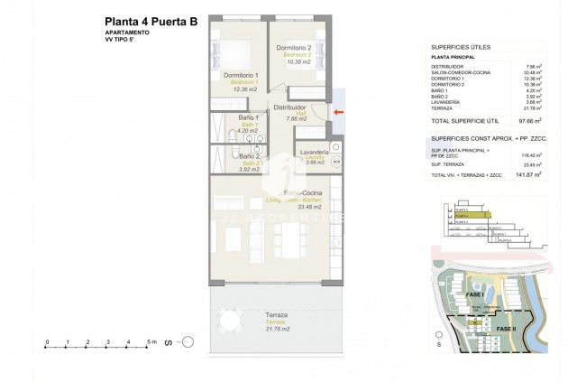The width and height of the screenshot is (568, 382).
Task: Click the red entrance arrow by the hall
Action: tap(337, 112)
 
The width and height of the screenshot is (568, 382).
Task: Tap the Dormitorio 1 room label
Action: tap(242, 76)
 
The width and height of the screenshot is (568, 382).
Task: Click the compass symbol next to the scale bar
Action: tap(188, 341)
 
